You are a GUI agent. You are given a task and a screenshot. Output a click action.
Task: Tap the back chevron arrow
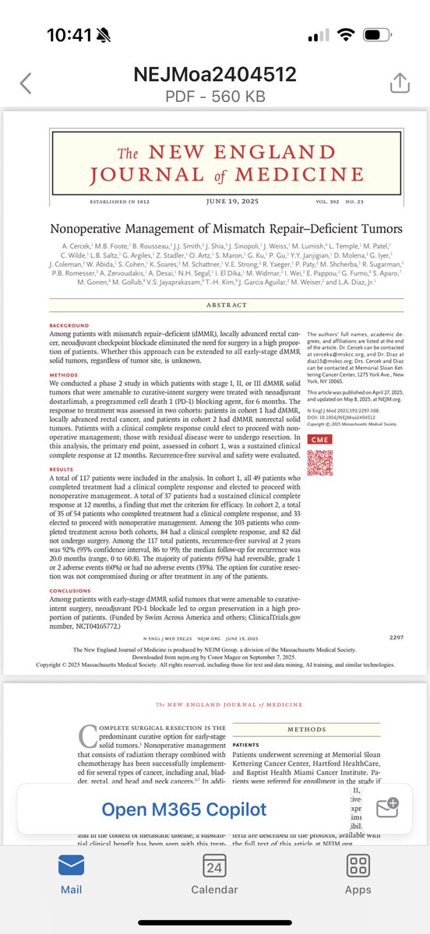pyautogui.click(x=26, y=83)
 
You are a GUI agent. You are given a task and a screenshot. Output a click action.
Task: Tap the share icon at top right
pyautogui.click(x=398, y=83)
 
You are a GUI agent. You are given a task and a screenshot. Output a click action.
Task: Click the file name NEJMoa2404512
pyautogui.click(x=214, y=75)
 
